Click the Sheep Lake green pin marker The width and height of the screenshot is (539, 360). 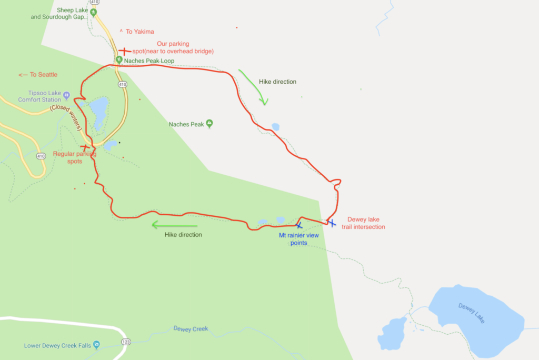coord(94,12)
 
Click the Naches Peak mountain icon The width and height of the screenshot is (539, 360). coord(209,124)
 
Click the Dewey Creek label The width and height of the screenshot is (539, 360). coord(191,329)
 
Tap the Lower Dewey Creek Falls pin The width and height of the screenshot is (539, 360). coord(96,345)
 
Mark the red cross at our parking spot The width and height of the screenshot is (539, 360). coord(124,52)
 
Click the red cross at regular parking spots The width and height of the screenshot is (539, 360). coord(84,148)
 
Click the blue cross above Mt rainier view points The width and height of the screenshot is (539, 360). coord(298,225)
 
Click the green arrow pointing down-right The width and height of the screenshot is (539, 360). coord(253,87)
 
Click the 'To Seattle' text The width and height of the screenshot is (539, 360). coord(38,75)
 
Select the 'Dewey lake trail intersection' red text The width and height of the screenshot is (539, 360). coord(367,223)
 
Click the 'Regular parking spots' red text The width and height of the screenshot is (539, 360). coord(75,158)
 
